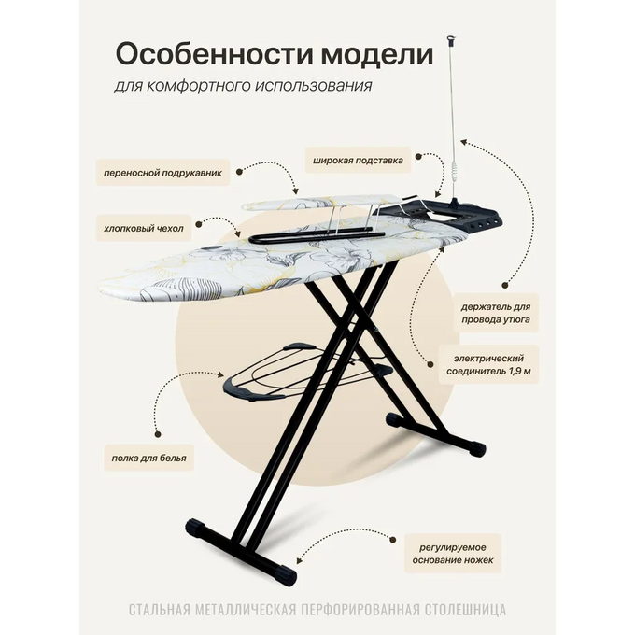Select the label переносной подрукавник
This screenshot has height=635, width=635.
pyautogui.click(x=162, y=173)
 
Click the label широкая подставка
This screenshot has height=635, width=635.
pyautogui.click(x=358, y=161)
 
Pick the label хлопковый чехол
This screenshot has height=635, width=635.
pyautogui.click(x=144, y=229)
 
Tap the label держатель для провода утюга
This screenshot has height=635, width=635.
pyautogui.click(x=495, y=313)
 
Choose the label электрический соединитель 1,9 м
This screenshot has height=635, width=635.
pyautogui.click(x=488, y=364)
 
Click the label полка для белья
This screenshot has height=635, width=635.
pyautogui.click(x=149, y=458)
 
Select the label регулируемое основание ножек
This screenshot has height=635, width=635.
pyautogui.click(x=452, y=554)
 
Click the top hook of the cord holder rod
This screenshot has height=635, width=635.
pyautogui.click(x=452, y=39)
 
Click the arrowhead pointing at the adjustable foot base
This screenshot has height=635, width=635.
pyautogui.click(x=299, y=559)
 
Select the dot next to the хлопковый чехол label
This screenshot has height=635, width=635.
pyautogui.click(x=198, y=224)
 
